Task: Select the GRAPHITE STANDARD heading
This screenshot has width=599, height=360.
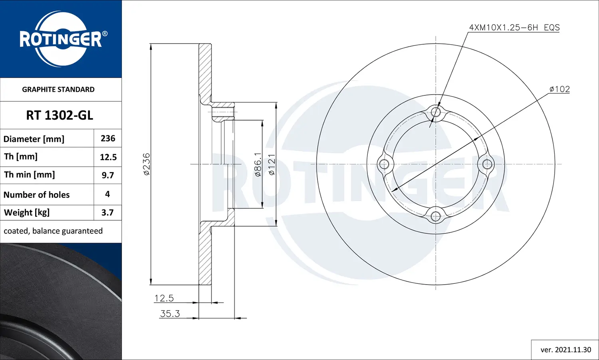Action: click(x=58, y=89)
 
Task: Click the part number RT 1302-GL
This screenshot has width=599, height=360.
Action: click(x=60, y=115)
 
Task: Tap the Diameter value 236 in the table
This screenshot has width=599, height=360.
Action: click(x=108, y=138)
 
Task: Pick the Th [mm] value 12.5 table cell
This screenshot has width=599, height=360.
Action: click(x=108, y=157)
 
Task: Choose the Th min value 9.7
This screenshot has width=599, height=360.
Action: click(x=108, y=175)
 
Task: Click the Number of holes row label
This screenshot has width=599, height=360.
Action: click(x=37, y=195)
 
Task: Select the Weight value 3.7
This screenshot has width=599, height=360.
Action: click(x=107, y=213)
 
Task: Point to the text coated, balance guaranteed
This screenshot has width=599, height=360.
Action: click(x=53, y=231)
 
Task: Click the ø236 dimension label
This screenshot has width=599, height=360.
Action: click(x=147, y=164)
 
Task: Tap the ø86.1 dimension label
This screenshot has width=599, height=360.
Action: click(x=258, y=164)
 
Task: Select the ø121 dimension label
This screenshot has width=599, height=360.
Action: click(x=272, y=164)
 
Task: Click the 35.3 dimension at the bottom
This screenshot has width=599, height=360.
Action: click(x=170, y=314)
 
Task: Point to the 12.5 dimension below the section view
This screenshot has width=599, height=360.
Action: click(x=164, y=298)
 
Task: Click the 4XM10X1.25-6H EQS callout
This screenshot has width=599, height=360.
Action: click(x=514, y=28)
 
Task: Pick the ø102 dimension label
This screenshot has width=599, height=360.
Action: click(x=559, y=89)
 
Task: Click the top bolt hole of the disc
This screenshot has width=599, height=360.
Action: click(x=436, y=112)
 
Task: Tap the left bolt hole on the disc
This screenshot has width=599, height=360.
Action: click(x=384, y=164)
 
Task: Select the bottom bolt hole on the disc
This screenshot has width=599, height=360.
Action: click(x=436, y=216)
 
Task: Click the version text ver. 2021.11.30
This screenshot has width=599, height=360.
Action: click(x=565, y=350)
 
